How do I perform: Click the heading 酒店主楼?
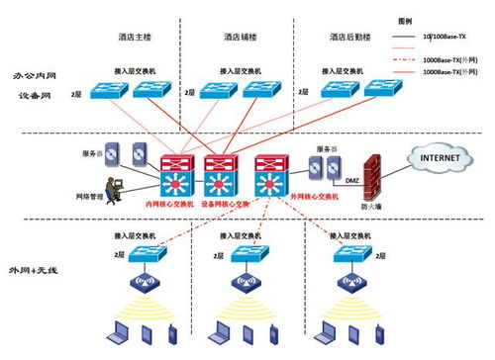134,37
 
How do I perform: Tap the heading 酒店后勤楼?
348,37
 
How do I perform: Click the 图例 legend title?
405,20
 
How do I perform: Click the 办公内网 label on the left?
35,75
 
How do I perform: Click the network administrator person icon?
117,187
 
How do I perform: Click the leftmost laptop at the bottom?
117,329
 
